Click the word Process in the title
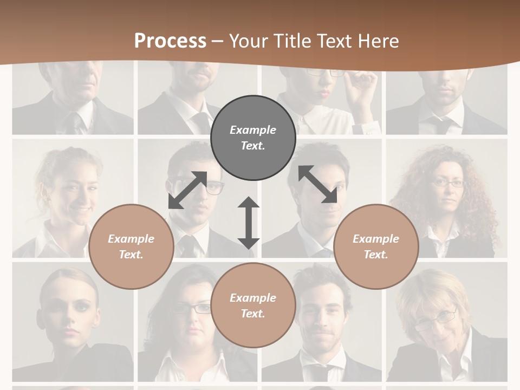170,41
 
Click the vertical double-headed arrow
249,223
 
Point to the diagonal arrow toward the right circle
317,184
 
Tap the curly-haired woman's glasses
447,183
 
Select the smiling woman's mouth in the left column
81,209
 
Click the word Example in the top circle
253,130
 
